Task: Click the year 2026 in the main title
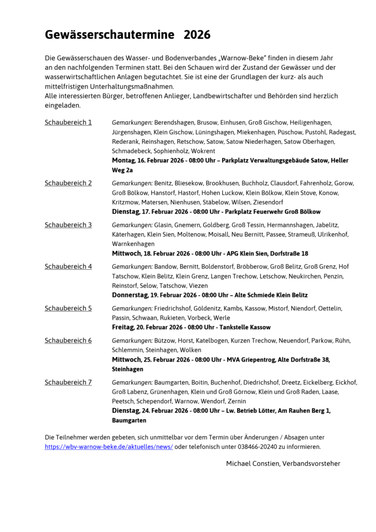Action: (x=197, y=35)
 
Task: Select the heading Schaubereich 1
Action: (x=68, y=122)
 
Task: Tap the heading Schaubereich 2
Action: (x=68, y=183)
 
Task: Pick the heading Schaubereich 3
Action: (x=68, y=225)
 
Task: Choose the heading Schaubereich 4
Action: (x=68, y=267)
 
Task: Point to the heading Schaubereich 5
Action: (x=68, y=308)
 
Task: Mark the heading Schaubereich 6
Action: (x=68, y=340)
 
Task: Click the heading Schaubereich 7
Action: (x=68, y=382)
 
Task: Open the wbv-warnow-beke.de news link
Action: (x=109, y=446)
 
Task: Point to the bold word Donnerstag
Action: (x=130, y=295)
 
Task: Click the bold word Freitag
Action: (x=122, y=327)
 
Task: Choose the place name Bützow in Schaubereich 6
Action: (x=165, y=340)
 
